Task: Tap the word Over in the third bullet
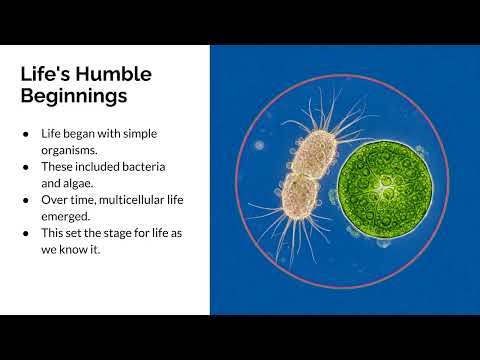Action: coord(55,201)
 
